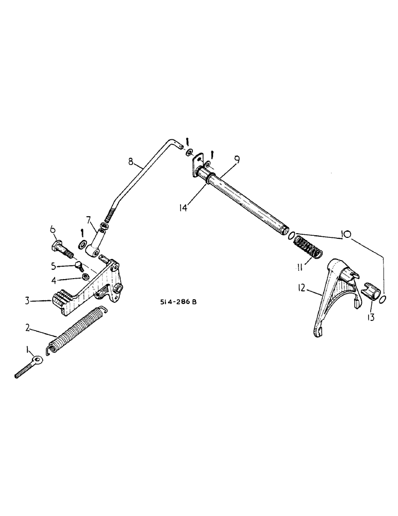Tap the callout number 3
point(32,300)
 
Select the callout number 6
point(53,230)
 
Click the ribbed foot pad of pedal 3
point(60,299)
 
